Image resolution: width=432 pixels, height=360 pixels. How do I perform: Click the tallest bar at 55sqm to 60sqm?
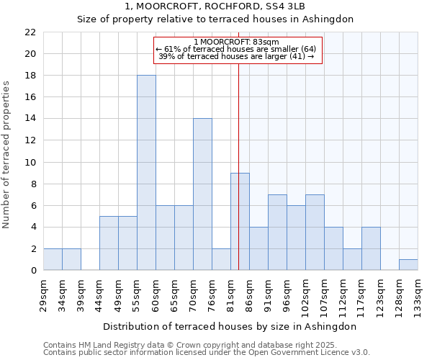click(x=146, y=173)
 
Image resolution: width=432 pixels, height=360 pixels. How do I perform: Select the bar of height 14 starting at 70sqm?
click(x=202, y=194)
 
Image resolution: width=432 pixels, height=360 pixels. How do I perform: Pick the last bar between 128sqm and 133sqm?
click(x=408, y=265)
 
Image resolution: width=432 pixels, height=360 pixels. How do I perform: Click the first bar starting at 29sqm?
click(x=53, y=260)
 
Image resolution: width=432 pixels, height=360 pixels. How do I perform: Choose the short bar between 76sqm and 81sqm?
click(x=221, y=260)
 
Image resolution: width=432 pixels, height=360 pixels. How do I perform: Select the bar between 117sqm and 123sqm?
click(x=371, y=249)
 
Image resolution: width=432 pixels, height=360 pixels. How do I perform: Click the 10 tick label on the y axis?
click(x=30, y=163)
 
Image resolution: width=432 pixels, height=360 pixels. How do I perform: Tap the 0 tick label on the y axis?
click(x=33, y=271)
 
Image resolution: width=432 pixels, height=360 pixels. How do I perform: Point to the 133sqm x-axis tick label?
click(x=418, y=296)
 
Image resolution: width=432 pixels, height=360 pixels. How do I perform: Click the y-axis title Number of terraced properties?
click(x=6, y=155)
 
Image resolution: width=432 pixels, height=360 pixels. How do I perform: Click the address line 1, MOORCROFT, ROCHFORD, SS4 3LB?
click(x=215, y=6)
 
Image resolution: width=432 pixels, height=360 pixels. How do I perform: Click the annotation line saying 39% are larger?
click(x=235, y=56)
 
